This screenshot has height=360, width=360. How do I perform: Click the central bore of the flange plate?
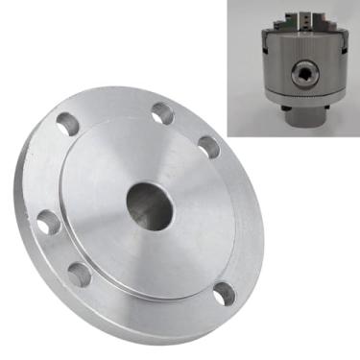pos(147,200)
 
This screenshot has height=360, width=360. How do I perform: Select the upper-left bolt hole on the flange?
pos(68,124)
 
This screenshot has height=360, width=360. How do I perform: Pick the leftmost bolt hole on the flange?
pos(47,224)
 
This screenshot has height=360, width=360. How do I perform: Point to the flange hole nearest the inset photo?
pos(207,147)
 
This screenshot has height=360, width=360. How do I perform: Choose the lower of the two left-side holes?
pos(79,275)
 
